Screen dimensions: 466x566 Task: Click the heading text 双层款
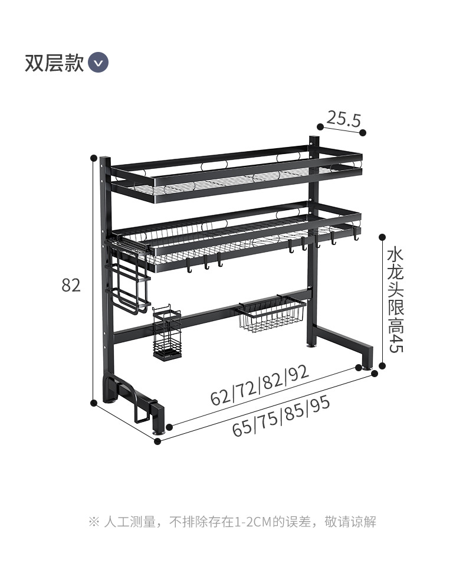point(54,63)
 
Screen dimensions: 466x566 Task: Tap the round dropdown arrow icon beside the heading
point(98,62)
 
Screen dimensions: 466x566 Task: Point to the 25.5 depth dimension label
point(343,120)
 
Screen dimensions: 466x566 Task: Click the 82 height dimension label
point(71,285)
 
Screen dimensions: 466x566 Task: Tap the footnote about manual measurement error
point(232,522)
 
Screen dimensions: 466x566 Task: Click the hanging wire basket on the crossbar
point(272,315)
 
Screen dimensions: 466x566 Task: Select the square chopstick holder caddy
point(166,335)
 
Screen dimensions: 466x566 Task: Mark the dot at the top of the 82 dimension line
point(93,158)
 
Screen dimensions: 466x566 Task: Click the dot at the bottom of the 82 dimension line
point(93,403)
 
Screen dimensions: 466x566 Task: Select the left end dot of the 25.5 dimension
point(320,126)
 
